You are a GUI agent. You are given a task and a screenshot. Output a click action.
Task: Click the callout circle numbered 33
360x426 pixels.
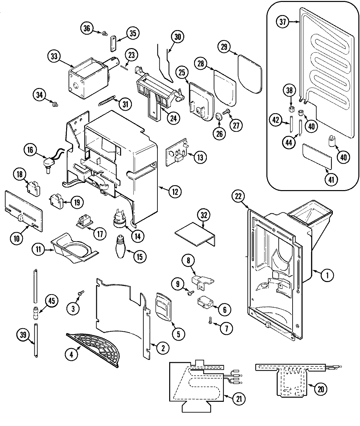54,56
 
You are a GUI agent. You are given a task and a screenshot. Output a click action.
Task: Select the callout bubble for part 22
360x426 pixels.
238,196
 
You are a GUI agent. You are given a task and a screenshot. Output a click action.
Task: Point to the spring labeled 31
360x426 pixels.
107,100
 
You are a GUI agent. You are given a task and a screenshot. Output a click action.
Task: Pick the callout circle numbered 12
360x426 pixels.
174,192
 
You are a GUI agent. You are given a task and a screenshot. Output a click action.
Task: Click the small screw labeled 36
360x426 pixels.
104,33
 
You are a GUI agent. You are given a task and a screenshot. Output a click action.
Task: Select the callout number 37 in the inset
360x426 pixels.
283,22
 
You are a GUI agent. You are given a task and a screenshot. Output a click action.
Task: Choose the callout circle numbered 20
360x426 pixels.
320,389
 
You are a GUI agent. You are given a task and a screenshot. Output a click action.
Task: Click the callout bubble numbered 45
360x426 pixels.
52,301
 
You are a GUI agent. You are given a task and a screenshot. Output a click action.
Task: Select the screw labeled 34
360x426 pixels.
55,104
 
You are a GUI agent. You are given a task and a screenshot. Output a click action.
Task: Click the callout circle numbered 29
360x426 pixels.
224,46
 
